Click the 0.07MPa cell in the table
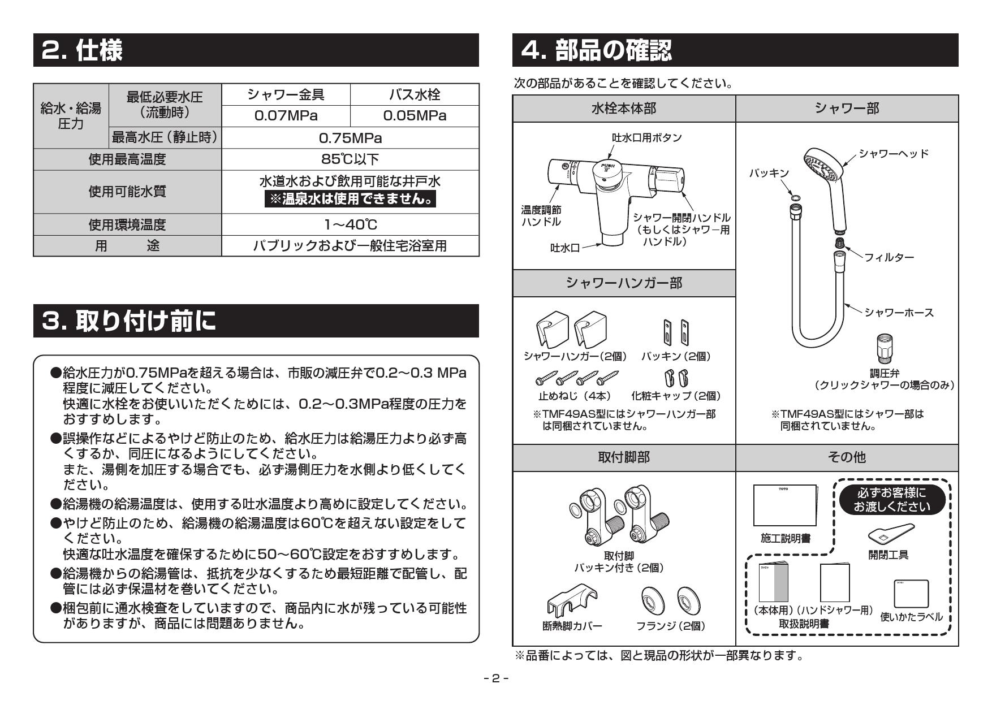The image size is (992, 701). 286,116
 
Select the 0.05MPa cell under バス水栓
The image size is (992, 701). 415,116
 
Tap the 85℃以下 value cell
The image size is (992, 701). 350,159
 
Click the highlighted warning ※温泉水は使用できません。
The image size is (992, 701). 350,199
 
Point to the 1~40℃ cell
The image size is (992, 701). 350,224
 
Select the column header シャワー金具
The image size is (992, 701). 286,94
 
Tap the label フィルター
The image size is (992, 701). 889,257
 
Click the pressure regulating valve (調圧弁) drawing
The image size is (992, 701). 885,349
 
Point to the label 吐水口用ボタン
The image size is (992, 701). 639,137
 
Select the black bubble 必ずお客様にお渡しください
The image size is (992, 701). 891,500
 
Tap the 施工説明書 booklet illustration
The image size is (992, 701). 785,505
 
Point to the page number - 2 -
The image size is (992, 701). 496,678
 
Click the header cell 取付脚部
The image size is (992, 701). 624,457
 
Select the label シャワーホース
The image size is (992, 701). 899,313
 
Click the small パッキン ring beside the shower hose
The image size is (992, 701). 794,197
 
